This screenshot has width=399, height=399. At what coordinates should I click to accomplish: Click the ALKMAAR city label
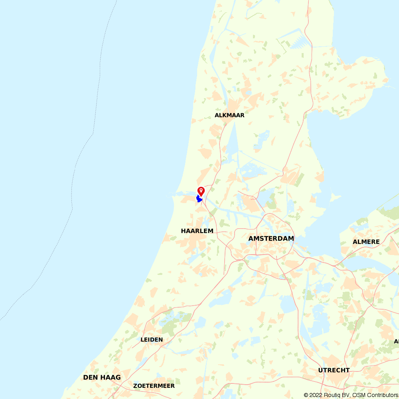[x=229, y=115]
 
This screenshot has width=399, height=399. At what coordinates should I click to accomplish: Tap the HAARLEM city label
[x=197, y=231]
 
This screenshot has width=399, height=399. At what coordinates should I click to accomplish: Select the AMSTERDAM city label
[x=271, y=239]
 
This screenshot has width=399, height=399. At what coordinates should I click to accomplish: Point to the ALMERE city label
[x=366, y=242]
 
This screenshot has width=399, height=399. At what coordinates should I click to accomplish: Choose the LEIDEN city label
[x=152, y=340]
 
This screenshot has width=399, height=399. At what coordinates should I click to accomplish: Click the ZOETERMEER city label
[x=154, y=386]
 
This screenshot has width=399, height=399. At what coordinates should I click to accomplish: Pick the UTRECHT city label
[x=334, y=370]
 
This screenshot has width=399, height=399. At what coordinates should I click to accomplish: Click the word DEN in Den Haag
[x=91, y=377]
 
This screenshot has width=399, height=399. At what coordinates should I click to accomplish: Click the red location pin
[x=201, y=191]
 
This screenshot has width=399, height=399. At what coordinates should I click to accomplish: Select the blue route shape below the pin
[x=199, y=199]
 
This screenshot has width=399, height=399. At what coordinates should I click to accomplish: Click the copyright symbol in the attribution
[x=306, y=395]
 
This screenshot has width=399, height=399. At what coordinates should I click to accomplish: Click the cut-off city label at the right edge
[x=396, y=342]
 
